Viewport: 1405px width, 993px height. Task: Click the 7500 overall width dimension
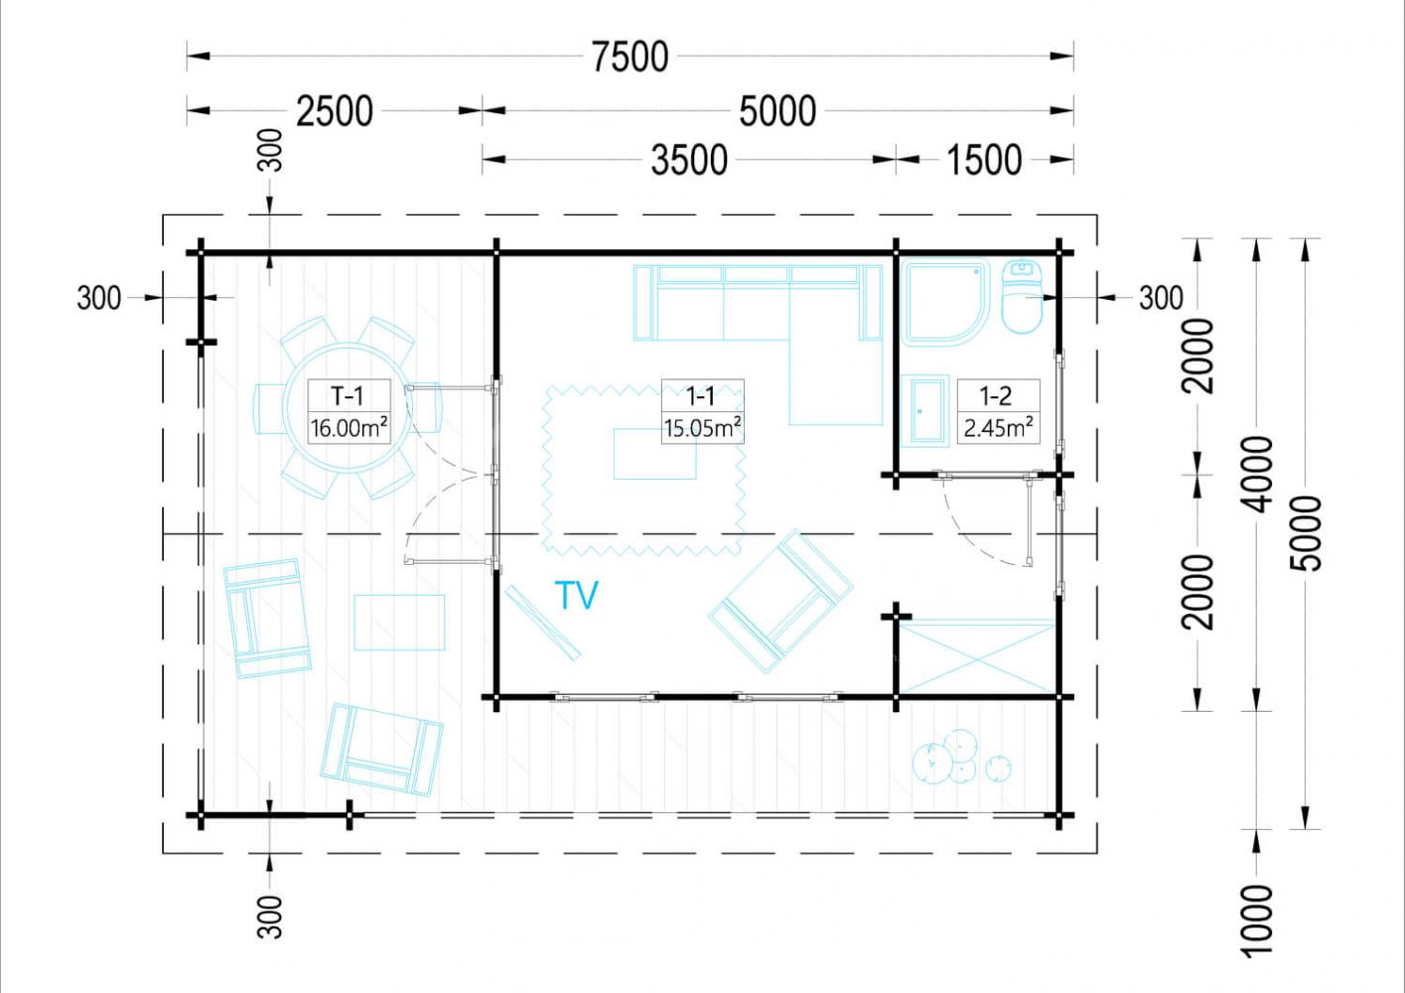point(630,57)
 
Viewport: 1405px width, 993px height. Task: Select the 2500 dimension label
point(335,111)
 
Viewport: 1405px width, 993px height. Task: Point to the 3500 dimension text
point(689,160)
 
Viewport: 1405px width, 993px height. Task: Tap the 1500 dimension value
point(983,160)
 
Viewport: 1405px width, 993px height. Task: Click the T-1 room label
point(347,396)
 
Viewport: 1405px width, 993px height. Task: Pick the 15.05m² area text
point(703,428)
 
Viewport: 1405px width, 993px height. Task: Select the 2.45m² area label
point(999,428)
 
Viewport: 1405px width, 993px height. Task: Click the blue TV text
point(577,595)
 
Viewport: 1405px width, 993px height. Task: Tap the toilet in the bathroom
point(1023,296)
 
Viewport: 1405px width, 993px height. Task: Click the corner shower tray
point(945,302)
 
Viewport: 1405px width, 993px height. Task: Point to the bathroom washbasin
point(925,411)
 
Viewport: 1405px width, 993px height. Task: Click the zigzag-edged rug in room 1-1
point(644,471)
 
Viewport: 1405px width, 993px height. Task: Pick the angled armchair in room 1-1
point(780,601)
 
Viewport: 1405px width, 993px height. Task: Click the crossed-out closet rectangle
point(977,656)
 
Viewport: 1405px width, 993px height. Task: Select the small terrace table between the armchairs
point(399,623)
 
